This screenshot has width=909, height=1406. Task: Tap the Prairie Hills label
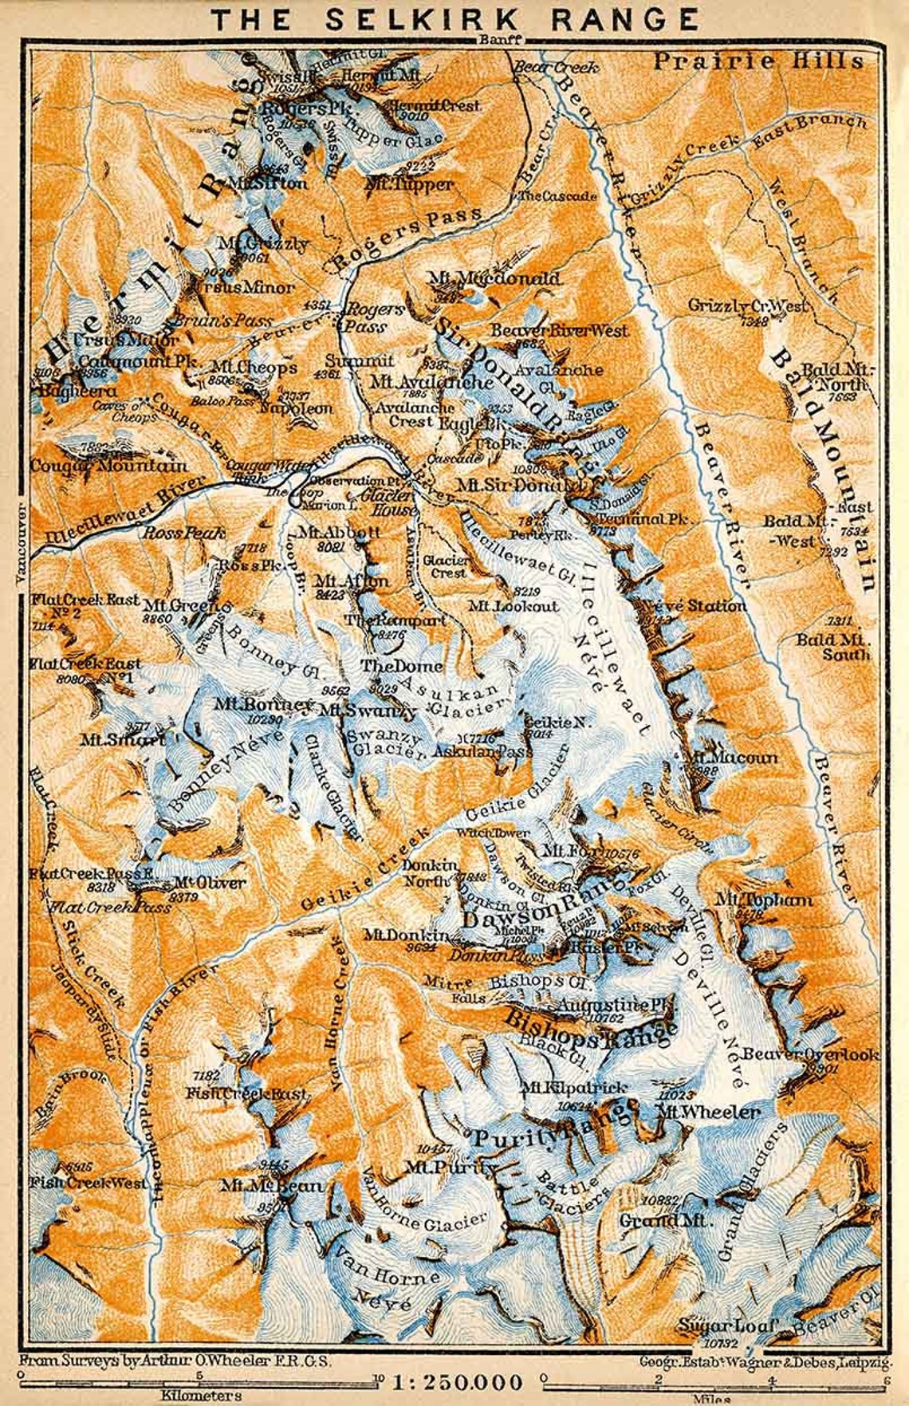[x=758, y=61]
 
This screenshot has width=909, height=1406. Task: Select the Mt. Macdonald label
[x=494, y=279]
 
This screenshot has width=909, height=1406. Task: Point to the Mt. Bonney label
[x=262, y=705]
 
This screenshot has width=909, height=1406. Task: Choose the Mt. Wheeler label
[x=707, y=1112]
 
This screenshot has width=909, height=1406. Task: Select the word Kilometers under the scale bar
[x=200, y=1395]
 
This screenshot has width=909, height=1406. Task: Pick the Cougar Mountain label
[x=109, y=465]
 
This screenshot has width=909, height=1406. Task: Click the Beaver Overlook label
[x=809, y=1054]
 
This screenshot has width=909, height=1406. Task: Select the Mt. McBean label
[x=272, y=1186]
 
